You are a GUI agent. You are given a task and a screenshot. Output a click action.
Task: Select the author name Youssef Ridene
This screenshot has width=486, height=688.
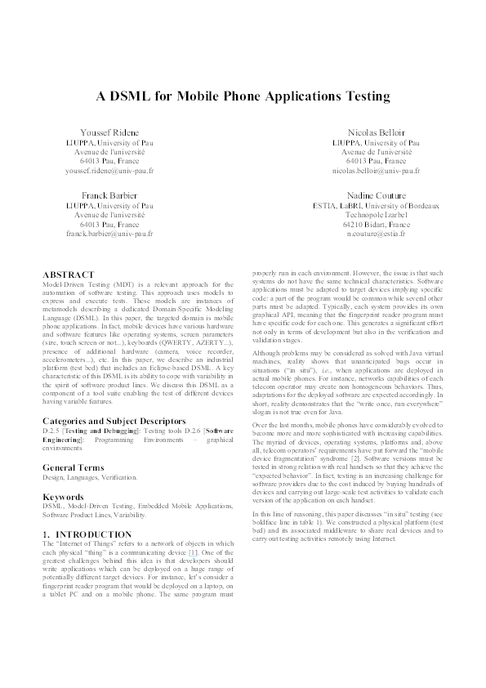point(109,132)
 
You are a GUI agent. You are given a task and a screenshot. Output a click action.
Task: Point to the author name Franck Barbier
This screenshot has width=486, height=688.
point(109,195)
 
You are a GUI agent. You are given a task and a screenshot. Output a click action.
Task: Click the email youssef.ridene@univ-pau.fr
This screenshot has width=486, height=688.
point(109,172)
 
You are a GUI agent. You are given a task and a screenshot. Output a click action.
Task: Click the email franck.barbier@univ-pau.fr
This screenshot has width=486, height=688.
point(109,234)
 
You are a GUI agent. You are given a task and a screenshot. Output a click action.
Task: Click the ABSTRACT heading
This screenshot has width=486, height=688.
point(68,275)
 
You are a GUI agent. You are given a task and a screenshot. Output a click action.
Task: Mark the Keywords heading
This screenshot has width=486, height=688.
point(64,497)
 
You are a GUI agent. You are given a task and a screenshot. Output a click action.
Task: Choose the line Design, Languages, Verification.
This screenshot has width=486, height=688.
point(91,477)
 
